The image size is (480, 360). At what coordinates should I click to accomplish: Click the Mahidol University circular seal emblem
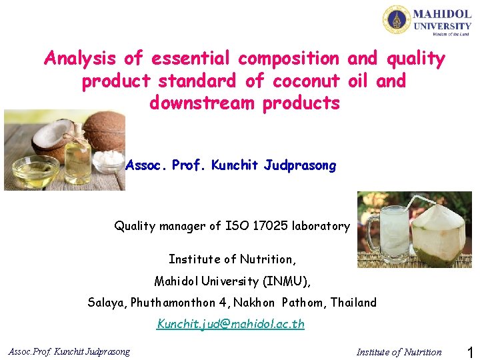[397, 19]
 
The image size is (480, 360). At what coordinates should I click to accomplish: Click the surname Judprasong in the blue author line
[300, 165]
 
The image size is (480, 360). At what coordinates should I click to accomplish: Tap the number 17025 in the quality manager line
[271, 226]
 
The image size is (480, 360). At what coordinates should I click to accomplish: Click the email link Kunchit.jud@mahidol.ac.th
[231, 324]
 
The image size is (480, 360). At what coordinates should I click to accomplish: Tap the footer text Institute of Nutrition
[399, 352]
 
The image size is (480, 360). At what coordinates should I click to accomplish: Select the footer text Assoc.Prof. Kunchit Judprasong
[69, 351]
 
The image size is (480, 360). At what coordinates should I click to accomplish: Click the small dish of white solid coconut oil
[109, 163]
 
